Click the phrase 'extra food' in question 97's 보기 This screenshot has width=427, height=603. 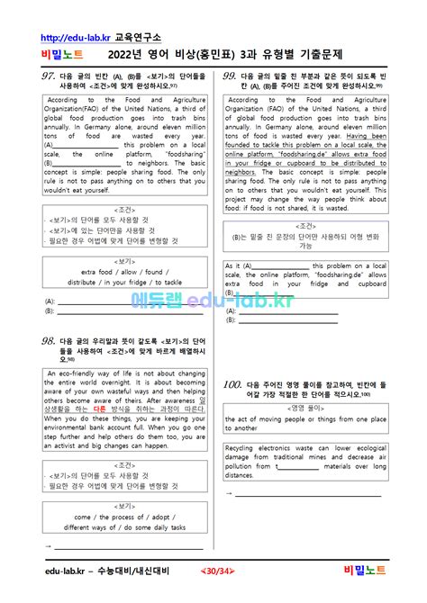(98, 271)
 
